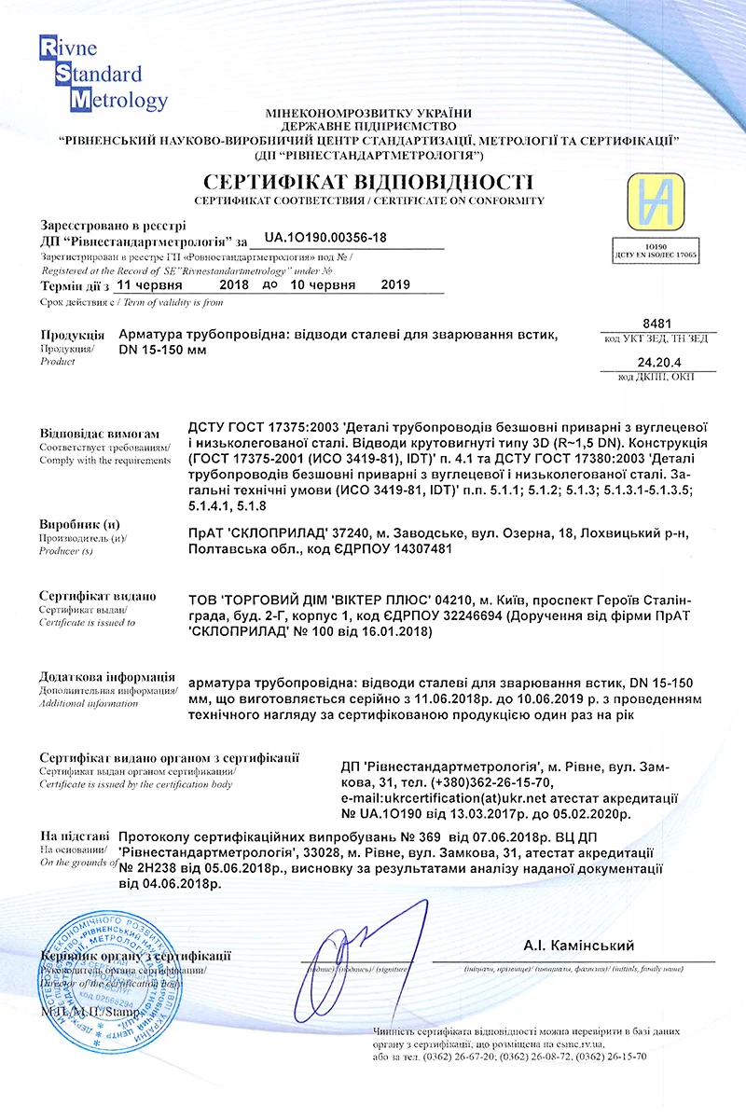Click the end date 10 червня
[323, 285]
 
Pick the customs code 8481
[657, 321]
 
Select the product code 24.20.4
[656, 360]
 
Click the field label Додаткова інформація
[107, 676]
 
